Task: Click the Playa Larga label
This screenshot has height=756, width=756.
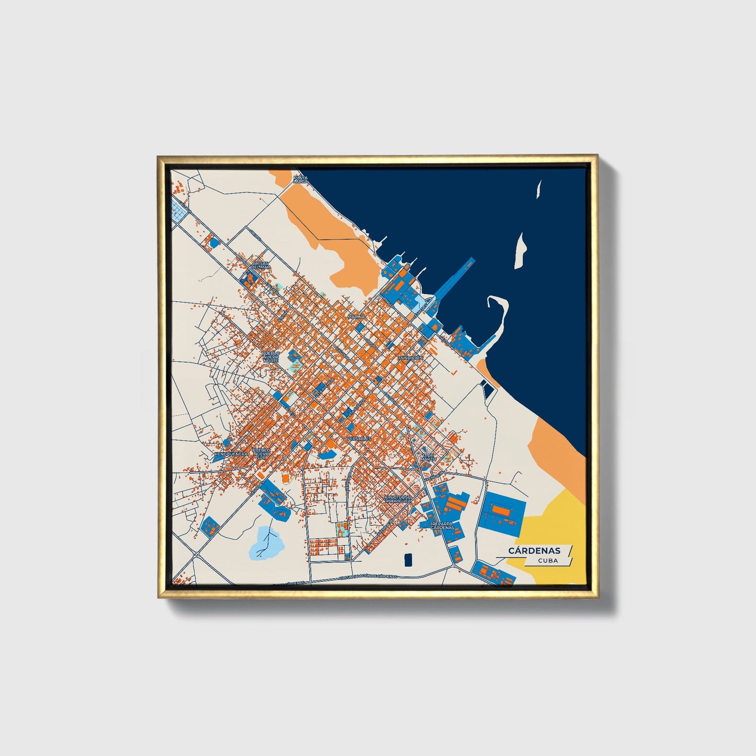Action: (300, 179)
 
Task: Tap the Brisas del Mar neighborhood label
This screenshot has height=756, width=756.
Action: (260, 265)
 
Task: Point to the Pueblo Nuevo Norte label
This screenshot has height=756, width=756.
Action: (270, 357)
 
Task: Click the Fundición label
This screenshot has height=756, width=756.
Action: (410, 357)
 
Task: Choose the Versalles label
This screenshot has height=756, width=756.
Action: (359, 438)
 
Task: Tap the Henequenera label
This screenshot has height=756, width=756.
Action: (231, 454)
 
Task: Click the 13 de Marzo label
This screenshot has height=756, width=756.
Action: (428, 457)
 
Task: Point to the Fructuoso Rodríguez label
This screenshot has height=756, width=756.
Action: (398, 499)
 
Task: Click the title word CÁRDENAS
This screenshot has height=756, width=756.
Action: (534, 550)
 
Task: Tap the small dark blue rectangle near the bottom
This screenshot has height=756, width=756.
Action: (408, 559)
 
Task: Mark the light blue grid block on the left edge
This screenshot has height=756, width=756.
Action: (179, 212)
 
